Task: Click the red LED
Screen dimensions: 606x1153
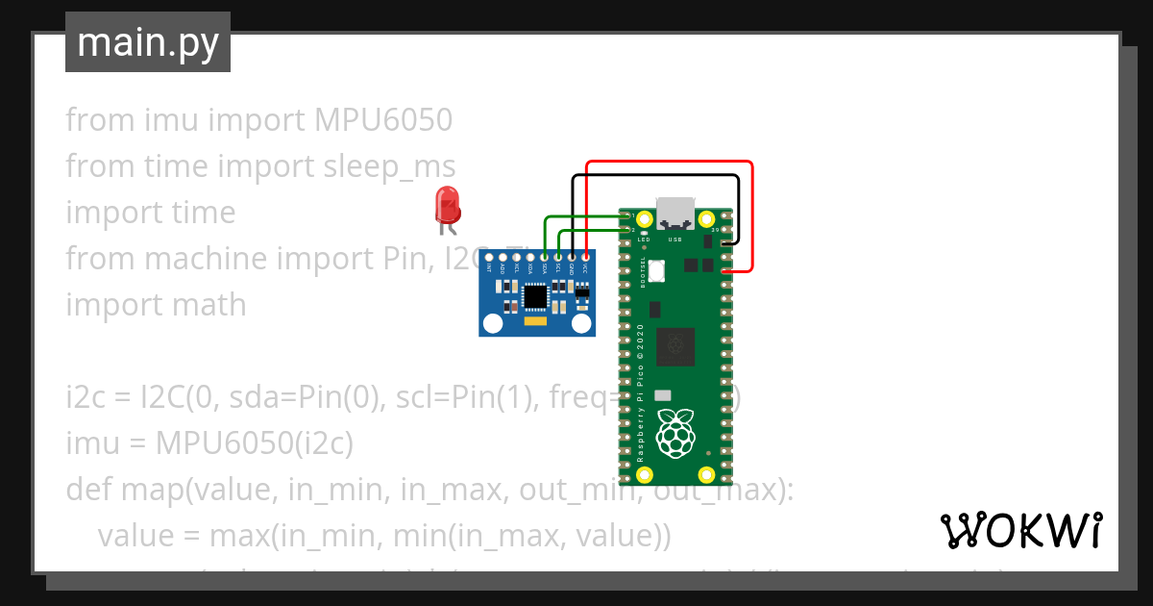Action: tap(447, 205)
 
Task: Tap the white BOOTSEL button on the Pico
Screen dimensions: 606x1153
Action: tap(657, 270)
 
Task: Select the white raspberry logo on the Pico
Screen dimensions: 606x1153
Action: tap(675, 432)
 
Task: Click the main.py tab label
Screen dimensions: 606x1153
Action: tap(148, 42)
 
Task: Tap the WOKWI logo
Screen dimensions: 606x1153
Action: tap(1020, 529)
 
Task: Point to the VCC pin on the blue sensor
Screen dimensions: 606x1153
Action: tap(585, 258)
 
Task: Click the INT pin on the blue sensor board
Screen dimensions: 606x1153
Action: tap(489, 258)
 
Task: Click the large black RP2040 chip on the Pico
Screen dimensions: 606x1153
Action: tap(675, 347)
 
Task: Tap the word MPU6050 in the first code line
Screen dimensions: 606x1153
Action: tap(382, 120)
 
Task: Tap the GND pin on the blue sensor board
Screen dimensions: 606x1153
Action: tap(572, 258)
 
